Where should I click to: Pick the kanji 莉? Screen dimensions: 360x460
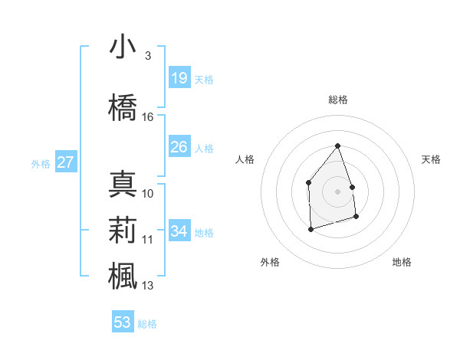click(x=123, y=230)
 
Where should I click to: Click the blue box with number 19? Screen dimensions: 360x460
click(x=179, y=78)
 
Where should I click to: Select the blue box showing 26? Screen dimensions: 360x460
click(x=179, y=147)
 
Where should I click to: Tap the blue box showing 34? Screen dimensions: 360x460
click(x=179, y=231)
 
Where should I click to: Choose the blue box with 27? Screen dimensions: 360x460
click(x=66, y=162)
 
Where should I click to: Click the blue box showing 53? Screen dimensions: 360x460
click(x=123, y=322)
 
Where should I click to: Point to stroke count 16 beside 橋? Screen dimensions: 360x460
click(x=148, y=117)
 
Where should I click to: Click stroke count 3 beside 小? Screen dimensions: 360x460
click(x=148, y=56)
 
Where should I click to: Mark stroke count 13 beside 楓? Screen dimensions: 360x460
click(x=148, y=286)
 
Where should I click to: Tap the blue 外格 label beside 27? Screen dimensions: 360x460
click(x=41, y=163)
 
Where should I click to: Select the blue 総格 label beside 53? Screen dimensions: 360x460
click(x=147, y=324)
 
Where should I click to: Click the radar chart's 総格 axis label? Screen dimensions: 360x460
click(x=338, y=100)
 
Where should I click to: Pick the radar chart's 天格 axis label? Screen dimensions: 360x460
click(x=432, y=159)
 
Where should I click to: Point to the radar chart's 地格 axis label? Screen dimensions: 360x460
click(x=402, y=263)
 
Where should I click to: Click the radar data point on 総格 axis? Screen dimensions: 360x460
click(x=338, y=146)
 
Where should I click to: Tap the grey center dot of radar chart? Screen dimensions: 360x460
click(x=338, y=191)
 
